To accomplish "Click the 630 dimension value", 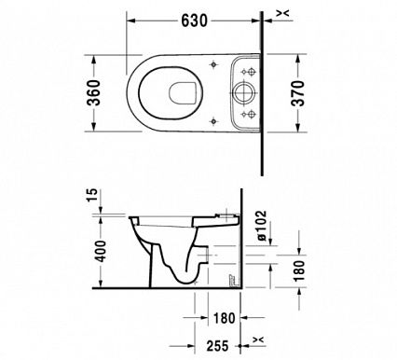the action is [x=194, y=21].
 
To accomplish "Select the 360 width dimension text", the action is [x=94, y=92].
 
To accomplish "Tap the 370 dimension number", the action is [x=298, y=93].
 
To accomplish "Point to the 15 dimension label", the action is [x=93, y=195].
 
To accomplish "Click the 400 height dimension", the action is [x=101, y=251].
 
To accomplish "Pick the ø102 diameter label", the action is [x=261, y=226].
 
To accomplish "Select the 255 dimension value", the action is [x=218, y=346].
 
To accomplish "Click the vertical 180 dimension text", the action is [x=299, y=270].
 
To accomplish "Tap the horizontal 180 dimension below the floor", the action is [x=225, y=318].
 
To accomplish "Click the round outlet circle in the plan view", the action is [x=244, y=92].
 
